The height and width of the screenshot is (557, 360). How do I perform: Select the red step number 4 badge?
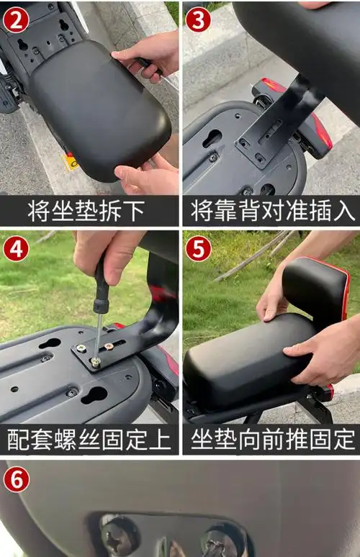pos(15,248)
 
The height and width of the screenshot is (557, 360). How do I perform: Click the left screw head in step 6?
pos(119,536)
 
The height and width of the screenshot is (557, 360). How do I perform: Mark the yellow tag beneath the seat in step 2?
pos(71,163)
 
